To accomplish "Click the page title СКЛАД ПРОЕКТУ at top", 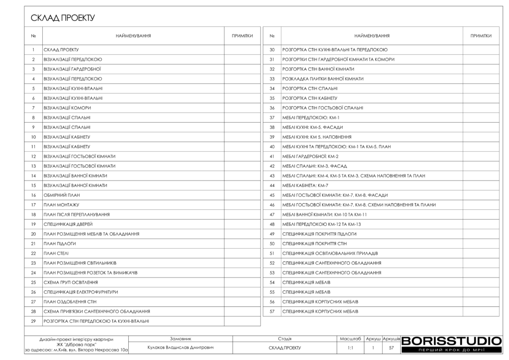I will pos(63,18).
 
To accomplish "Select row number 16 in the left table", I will pos(33,195).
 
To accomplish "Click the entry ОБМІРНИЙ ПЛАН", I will pos(62,195).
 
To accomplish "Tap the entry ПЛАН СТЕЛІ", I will pos(56,254).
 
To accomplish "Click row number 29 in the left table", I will pos(33,321).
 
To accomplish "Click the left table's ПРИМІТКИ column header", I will pos(242,36).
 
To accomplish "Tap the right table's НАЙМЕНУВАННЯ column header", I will pos(371,36).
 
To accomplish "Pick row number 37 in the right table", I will pos(272,118).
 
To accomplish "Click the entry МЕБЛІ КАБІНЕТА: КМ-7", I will pos(305,185).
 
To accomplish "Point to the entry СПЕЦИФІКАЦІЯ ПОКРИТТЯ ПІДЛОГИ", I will pos(319,234).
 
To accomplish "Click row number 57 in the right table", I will pos(272,312).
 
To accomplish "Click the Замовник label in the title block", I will pos(180,338).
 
